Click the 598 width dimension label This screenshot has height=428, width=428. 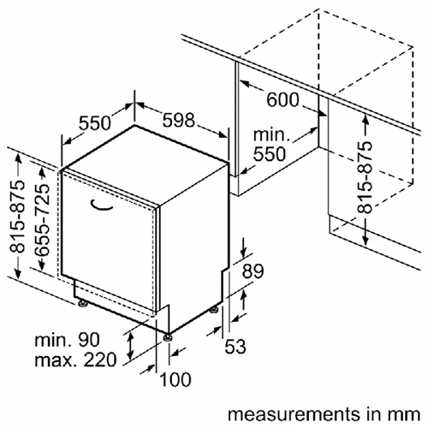(179, 120)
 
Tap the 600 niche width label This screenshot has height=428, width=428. (282, 100)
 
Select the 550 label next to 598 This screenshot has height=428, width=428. (94, 123)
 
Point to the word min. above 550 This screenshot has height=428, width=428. (271, 134)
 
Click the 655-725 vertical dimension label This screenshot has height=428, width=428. (42, 219)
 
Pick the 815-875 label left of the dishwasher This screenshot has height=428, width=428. (17, 217)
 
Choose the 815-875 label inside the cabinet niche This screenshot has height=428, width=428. (365, 177)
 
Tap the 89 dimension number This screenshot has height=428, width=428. (253, 271)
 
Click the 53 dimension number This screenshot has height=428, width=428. (235, 347)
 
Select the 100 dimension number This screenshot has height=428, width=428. (175, 379)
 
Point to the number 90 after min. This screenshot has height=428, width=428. (89, 340)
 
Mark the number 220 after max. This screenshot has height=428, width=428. (100, 360)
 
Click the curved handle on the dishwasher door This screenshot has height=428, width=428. (101, 206)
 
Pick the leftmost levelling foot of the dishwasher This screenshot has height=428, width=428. (83, 303)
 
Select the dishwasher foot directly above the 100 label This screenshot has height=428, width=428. (168, 337)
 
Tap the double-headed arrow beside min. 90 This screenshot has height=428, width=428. (130, 347)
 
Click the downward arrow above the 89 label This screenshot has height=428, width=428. (243, 247)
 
